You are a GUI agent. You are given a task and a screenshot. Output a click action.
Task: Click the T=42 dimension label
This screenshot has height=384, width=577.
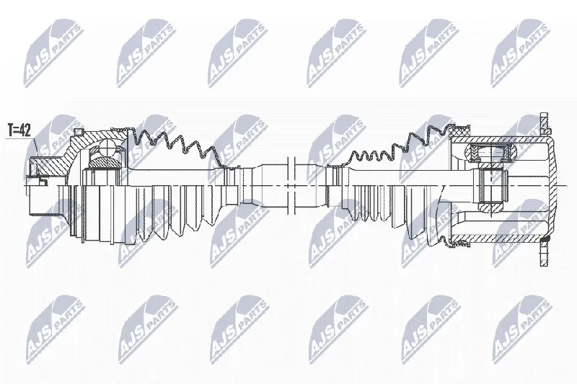[x=19, y=130]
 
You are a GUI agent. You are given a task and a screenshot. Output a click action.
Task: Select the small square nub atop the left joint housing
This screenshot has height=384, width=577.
[x=78, y=132]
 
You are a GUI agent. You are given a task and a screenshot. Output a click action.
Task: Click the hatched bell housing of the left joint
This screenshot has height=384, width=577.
[x=74, y=151]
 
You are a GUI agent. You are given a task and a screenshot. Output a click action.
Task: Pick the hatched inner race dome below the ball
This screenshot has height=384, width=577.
[x=105, y=161]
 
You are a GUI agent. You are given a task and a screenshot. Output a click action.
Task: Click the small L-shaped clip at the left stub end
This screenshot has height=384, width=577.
[x=43, y=180]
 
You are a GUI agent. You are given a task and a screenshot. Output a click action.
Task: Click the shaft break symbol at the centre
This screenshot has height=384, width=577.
[x=291, y=186]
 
